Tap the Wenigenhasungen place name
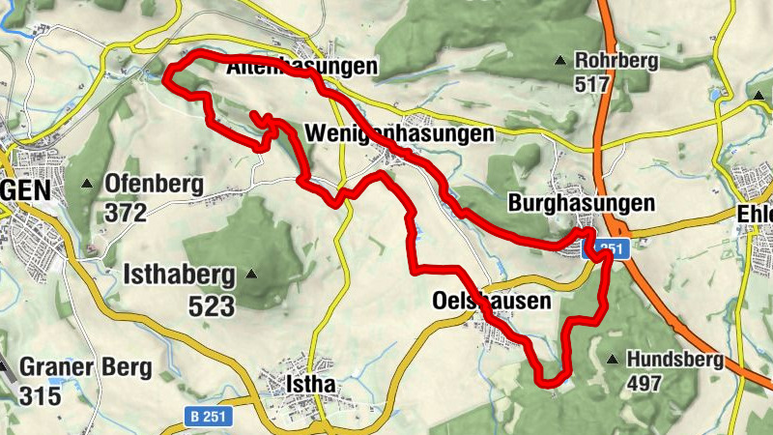pos(398,134)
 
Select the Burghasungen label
pos(582,205)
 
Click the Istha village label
pos(310,384)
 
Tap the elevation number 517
pos(591,84)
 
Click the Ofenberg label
pos(154,184)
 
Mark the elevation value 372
pos(127,211)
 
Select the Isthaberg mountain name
pos(179,276)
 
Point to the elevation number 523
pos(212,306)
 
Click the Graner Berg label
pos(85,368)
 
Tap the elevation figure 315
pos(40,394)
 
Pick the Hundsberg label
pos(674,361)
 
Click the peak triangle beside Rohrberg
pos(559,62)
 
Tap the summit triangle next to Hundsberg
pos(612,360)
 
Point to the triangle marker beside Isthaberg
pos(252,275)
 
